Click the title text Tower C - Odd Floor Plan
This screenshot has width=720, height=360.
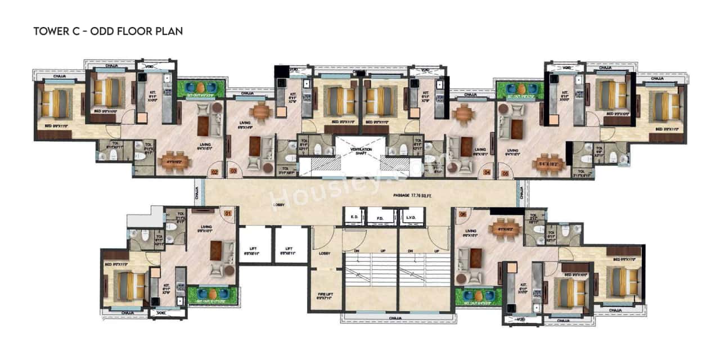pos(108,31)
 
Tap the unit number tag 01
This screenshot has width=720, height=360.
pos(228,213)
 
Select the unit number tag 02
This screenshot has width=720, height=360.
pos(214,172)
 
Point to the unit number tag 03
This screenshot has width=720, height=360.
pos(233,172)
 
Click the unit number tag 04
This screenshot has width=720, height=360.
pos(487,172)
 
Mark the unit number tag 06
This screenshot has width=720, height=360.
pos(463,214)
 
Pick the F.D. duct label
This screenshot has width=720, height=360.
pos(380,217)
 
